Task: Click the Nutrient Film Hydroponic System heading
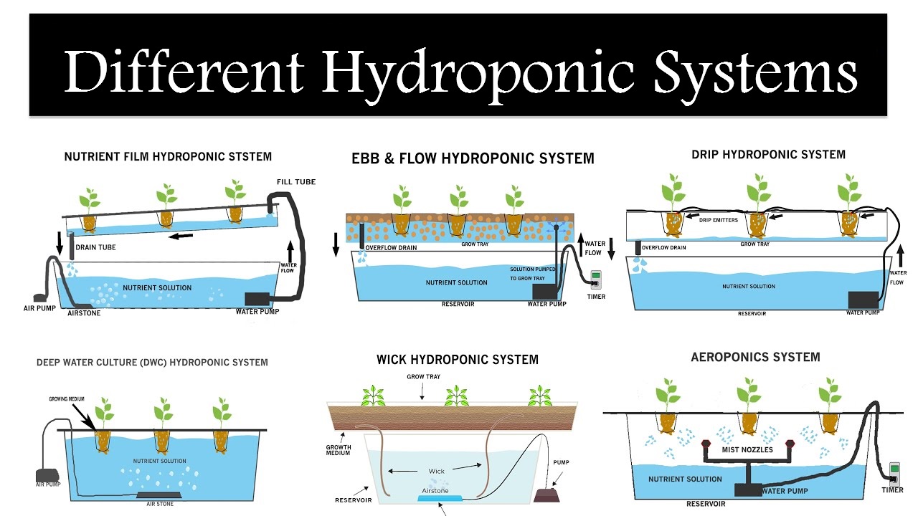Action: pyautogui.click(x=168, y=156)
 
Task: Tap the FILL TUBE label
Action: pyautogui.click(x=296, y=182)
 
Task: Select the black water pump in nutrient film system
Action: pyautogui.click(x=257, y=298)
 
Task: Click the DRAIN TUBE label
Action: pyautogui.click(x=96, y=248)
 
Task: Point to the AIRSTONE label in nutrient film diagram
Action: pyautogui.click(x=85, y=313)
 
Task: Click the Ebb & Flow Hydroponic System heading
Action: pyautogui.click(x=473, y=158)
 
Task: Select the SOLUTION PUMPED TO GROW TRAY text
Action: pyautogui.click(x=532, y=274)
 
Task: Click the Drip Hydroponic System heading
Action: pyautogui.click(x=768, y=154)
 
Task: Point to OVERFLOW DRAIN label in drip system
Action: pyautogui.click(x=663, y=248)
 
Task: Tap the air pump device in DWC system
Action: pyautogui.click(x=46, y=475)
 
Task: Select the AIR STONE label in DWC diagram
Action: pyautogui.click(x=160, y=504)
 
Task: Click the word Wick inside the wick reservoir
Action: pyautogui.click(x=436, y=471)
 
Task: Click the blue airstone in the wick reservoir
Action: pyautogui.click(x=440, y=496)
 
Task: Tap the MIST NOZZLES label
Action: pyautogui.click(x=747, y=449)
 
